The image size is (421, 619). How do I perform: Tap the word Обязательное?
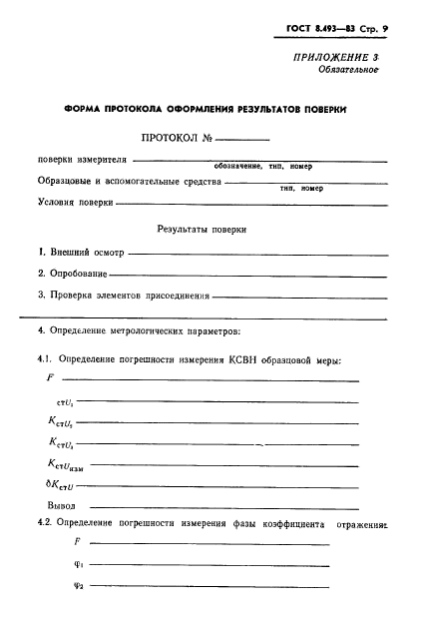tap(349, 71)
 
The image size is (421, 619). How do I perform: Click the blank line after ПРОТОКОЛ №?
tap(242, 141)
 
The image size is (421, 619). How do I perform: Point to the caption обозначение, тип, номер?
tap(263, 167)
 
